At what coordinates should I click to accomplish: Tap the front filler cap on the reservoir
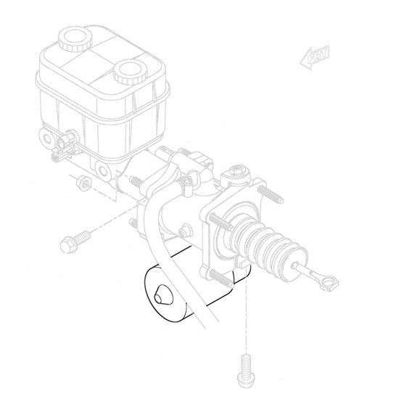click(129, 73)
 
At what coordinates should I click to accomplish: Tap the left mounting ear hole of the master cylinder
click(48, 138)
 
